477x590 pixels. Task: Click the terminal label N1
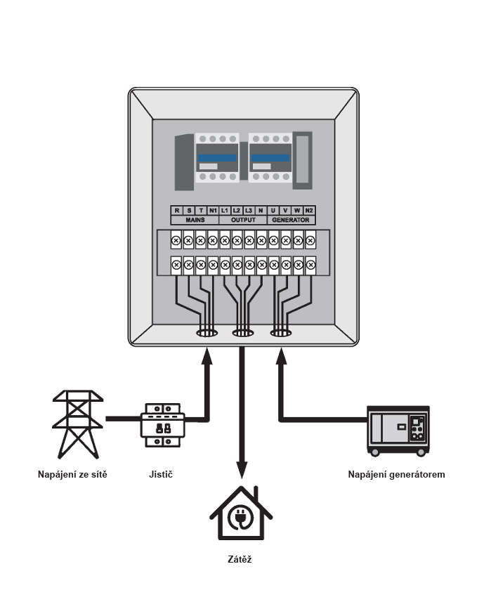click(213, 210)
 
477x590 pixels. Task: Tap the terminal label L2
click(237, 210)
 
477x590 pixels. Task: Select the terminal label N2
click(308, 210)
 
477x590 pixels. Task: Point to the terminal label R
click(177, 210)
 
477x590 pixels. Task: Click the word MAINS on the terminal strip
click(195, 220)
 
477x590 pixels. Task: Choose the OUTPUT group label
click(243, 220)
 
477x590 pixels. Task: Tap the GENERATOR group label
click(291, 220)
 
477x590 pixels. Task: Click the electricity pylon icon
click(77, 424)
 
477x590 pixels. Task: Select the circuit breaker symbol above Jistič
click(163, 425)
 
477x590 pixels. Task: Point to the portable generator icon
click(398, 431)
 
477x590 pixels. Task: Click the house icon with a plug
click(241, 513)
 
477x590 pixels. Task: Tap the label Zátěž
click(240, 559)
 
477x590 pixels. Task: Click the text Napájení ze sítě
click(72, 474)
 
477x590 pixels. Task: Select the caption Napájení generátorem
click(396, 474)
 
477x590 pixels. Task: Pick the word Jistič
click(161, 474)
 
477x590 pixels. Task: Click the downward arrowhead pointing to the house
click(242, 470)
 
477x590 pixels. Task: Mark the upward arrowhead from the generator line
click(281, 356)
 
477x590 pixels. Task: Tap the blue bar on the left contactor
click(217, 158)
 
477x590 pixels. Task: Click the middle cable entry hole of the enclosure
click(243, 333)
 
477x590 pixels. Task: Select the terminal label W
click(297, 210)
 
